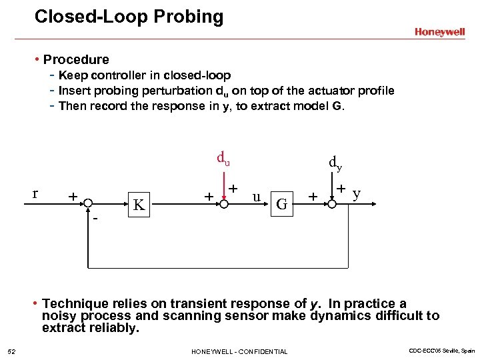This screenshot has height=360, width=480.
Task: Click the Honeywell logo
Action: pyautogui.click(x=439, y=31)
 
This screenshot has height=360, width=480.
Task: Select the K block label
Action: pyautogui.click(x=139, y=205)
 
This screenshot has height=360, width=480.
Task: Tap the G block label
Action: pyautogui.click(x=282, y=204)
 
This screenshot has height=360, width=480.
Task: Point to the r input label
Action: pyautogui.click(x=35, y=194)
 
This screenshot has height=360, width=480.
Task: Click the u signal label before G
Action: pyautogui.click(x=256, y=197)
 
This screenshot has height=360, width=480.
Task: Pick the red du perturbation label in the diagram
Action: pyautogui.click(x=223, y=159)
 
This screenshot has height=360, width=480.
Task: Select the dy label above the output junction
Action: pyautogui.click(x=335, y=162)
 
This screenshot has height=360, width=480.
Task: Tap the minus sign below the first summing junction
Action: pyautogui.click(x=95, y=217)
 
